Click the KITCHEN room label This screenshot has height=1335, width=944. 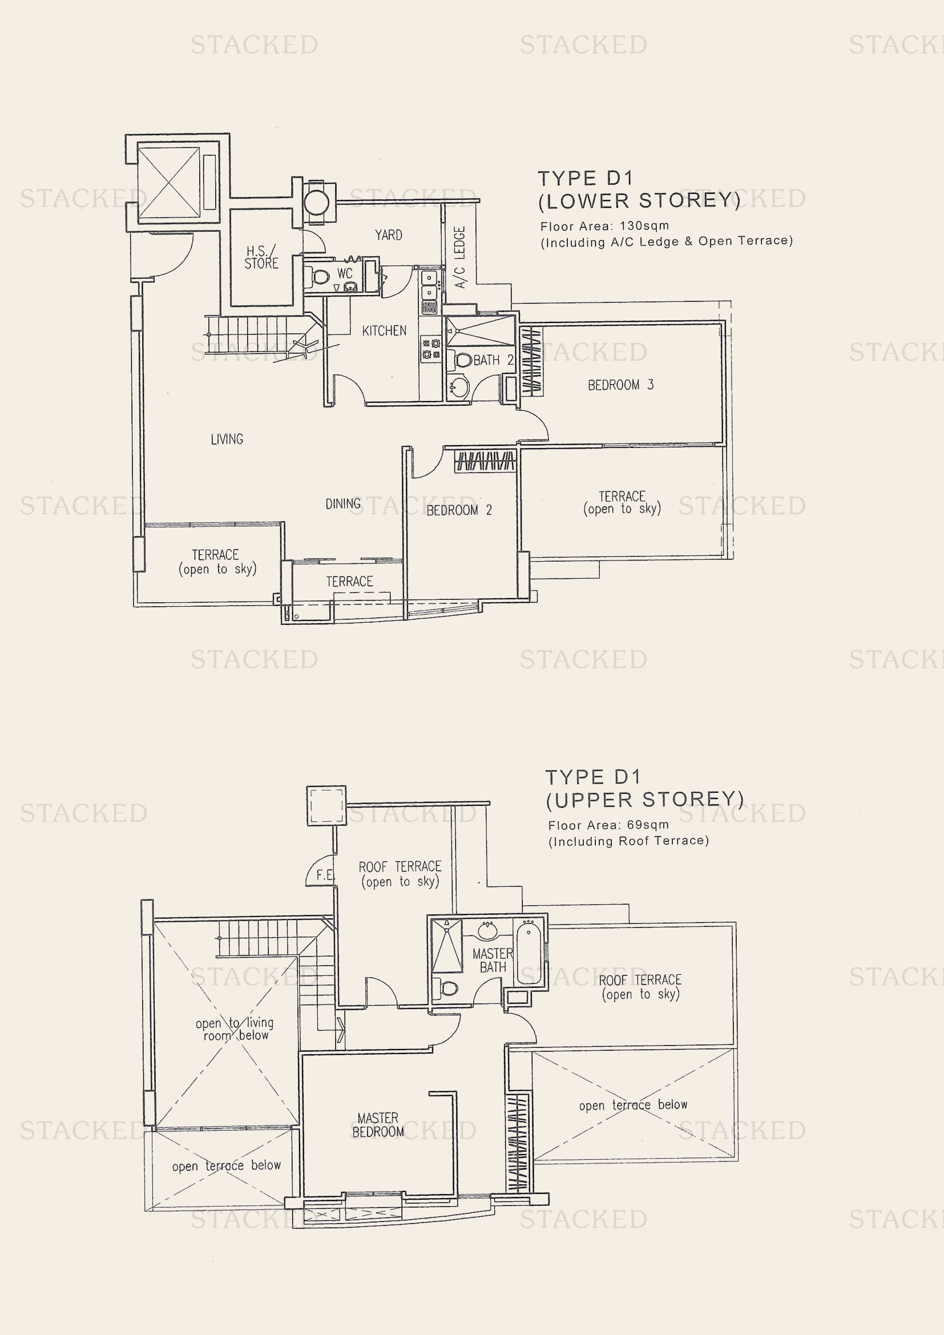[384, 331]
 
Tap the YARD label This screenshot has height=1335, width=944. [388, 235]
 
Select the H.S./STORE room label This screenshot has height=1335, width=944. [261, 257]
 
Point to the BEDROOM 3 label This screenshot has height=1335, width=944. [621, 385]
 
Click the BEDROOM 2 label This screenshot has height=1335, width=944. [459, 510]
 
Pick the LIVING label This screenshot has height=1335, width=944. [227, 439]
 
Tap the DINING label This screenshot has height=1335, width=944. [343, 503]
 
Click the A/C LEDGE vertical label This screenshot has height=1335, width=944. [460, 257]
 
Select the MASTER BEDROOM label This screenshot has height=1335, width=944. [378, 1125]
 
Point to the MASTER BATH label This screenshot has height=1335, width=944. [493, 961]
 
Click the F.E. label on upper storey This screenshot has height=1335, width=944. [325, 875]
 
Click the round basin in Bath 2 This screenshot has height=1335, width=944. [459, 387]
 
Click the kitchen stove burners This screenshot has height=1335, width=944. [431, 349]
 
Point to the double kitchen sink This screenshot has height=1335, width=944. [430, 285]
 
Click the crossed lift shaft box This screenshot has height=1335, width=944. [168, 183]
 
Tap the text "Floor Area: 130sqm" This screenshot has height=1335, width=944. [604, 226]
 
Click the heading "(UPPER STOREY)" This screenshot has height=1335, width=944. [644, 800]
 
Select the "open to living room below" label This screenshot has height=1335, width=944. [235, 1029]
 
